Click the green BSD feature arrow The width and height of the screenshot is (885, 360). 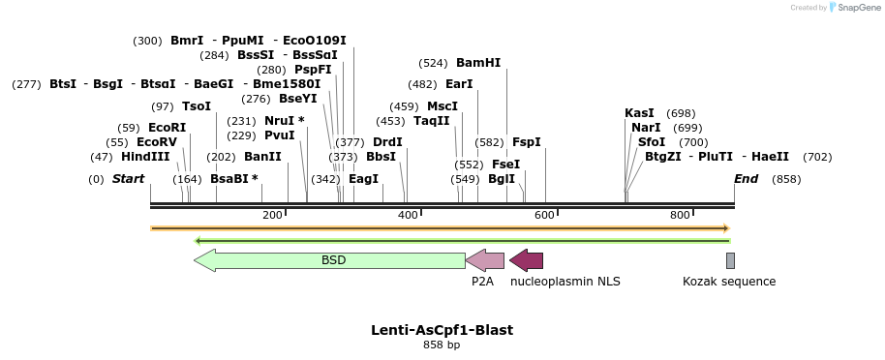[329, 260]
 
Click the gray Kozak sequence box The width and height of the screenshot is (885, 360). [730, 260]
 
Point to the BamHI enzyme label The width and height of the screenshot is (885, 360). [478, 63]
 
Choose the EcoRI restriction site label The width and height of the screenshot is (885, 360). [167, 128]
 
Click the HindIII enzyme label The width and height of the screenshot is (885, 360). [145, 157]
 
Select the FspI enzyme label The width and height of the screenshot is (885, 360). [526, 142]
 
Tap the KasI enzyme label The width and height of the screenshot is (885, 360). [639, 113]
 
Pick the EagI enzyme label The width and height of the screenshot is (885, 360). [363, 179]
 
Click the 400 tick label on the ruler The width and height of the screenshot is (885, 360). [408, 215]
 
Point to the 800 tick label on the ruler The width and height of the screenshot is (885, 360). [680, 215]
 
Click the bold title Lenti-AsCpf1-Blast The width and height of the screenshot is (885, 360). [442, 330]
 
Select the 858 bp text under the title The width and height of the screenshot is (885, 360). [442, 345]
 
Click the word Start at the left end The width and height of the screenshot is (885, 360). [128, 179]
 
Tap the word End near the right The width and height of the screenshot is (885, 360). [746, 179]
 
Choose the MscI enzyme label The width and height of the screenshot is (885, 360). [442, 106]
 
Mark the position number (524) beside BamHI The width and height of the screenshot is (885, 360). [433, 63]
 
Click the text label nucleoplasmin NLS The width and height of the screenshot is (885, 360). [565, 282]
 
